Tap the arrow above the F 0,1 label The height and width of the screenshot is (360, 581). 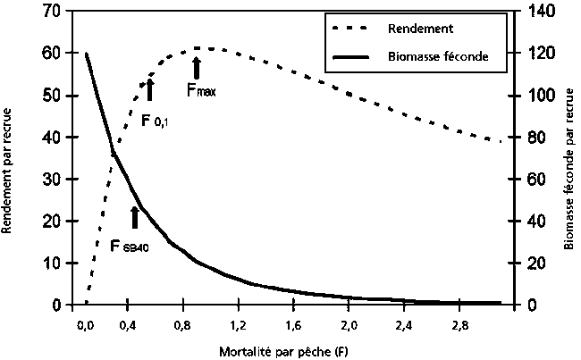149,89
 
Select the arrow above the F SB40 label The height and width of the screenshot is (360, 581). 135,217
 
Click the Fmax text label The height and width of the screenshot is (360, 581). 201,89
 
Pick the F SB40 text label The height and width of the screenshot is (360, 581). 129,245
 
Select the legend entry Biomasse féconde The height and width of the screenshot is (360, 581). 437,55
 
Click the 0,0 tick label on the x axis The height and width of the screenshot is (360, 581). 86,323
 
